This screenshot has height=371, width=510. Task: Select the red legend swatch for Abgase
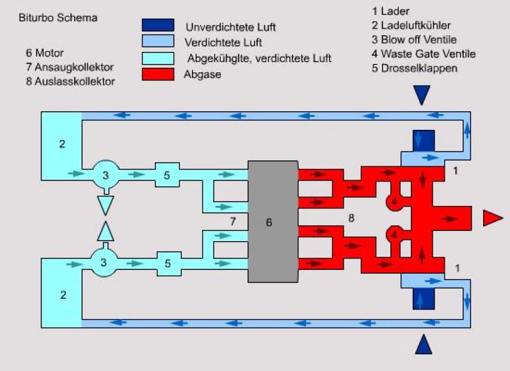click(157, 74)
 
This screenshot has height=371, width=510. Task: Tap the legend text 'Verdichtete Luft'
click(223, 43)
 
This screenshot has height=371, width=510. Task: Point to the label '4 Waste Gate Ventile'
click(423, 54)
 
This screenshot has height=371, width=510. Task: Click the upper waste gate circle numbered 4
click(394, 201)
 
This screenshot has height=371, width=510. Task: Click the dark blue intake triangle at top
click(422, 95)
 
